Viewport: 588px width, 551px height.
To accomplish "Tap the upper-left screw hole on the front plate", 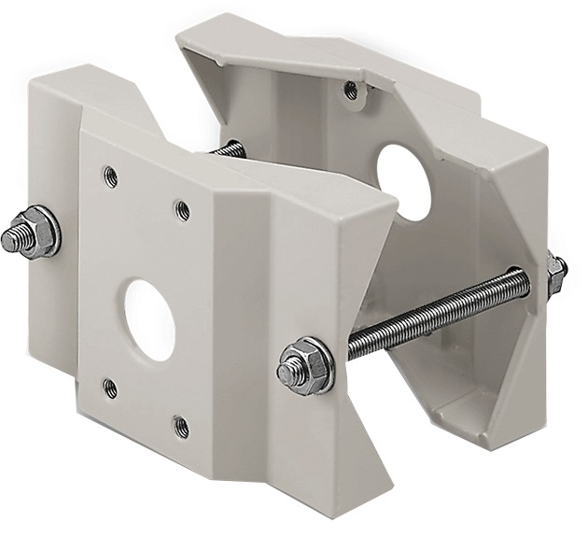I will [110, 173].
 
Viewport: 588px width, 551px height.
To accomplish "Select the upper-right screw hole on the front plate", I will [183, 210].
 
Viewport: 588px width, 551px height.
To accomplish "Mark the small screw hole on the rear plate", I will [350, 90].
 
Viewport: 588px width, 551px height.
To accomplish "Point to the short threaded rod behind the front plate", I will [228, 149].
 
